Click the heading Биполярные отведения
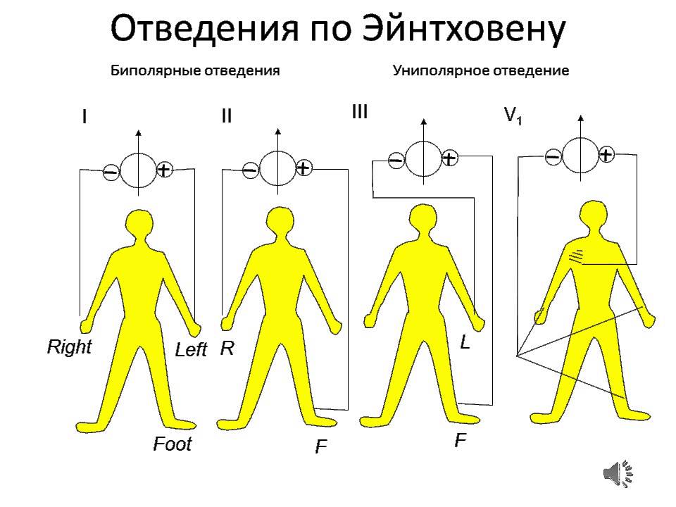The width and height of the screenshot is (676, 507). (195, 71)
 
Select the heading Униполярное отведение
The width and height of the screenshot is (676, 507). (481, 71)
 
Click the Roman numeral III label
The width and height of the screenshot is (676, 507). (360, 112)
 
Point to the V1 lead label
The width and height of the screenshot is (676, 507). (513, 117)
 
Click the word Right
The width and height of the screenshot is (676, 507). (69, 347)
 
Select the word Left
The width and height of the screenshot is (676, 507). (191, 350)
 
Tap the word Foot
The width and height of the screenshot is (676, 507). (173, 444)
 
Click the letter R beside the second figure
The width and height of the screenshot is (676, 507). (227, 349)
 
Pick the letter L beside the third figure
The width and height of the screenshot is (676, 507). (465, 343)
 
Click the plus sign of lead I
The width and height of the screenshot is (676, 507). (163, 170)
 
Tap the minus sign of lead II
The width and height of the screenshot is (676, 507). (250, 170)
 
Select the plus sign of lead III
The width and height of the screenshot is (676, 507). (449, 158)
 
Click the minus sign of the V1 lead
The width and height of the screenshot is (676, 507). (553, 156)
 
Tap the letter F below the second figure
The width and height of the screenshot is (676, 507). (321, 447)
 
